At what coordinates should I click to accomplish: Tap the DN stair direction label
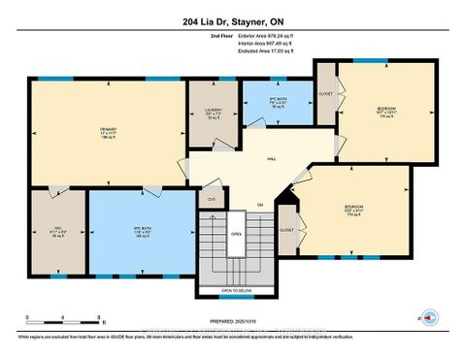click(x=260, y=204)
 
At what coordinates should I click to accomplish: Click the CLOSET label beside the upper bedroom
click(x=325, y=94)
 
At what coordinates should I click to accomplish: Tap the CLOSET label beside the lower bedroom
click(x=286, y=230)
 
